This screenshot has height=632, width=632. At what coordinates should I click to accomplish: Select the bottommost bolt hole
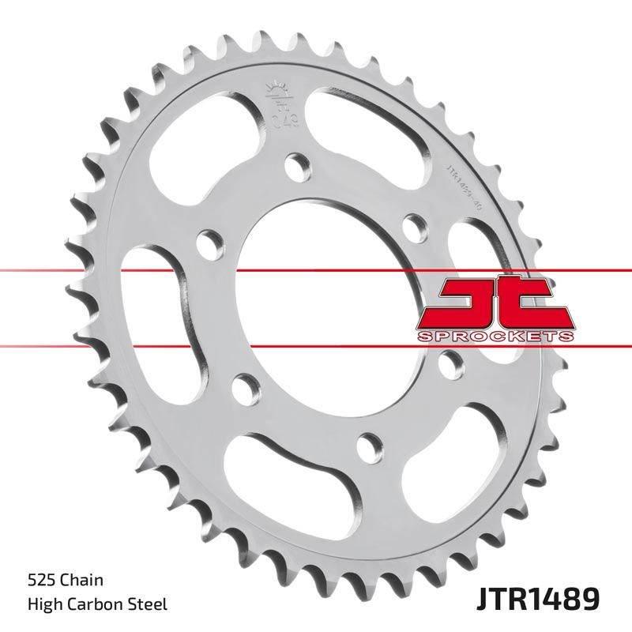click(367, 447)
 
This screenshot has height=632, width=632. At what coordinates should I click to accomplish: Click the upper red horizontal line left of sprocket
click(47, 272)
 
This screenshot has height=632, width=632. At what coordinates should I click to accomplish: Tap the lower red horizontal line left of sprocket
click(47, 345)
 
